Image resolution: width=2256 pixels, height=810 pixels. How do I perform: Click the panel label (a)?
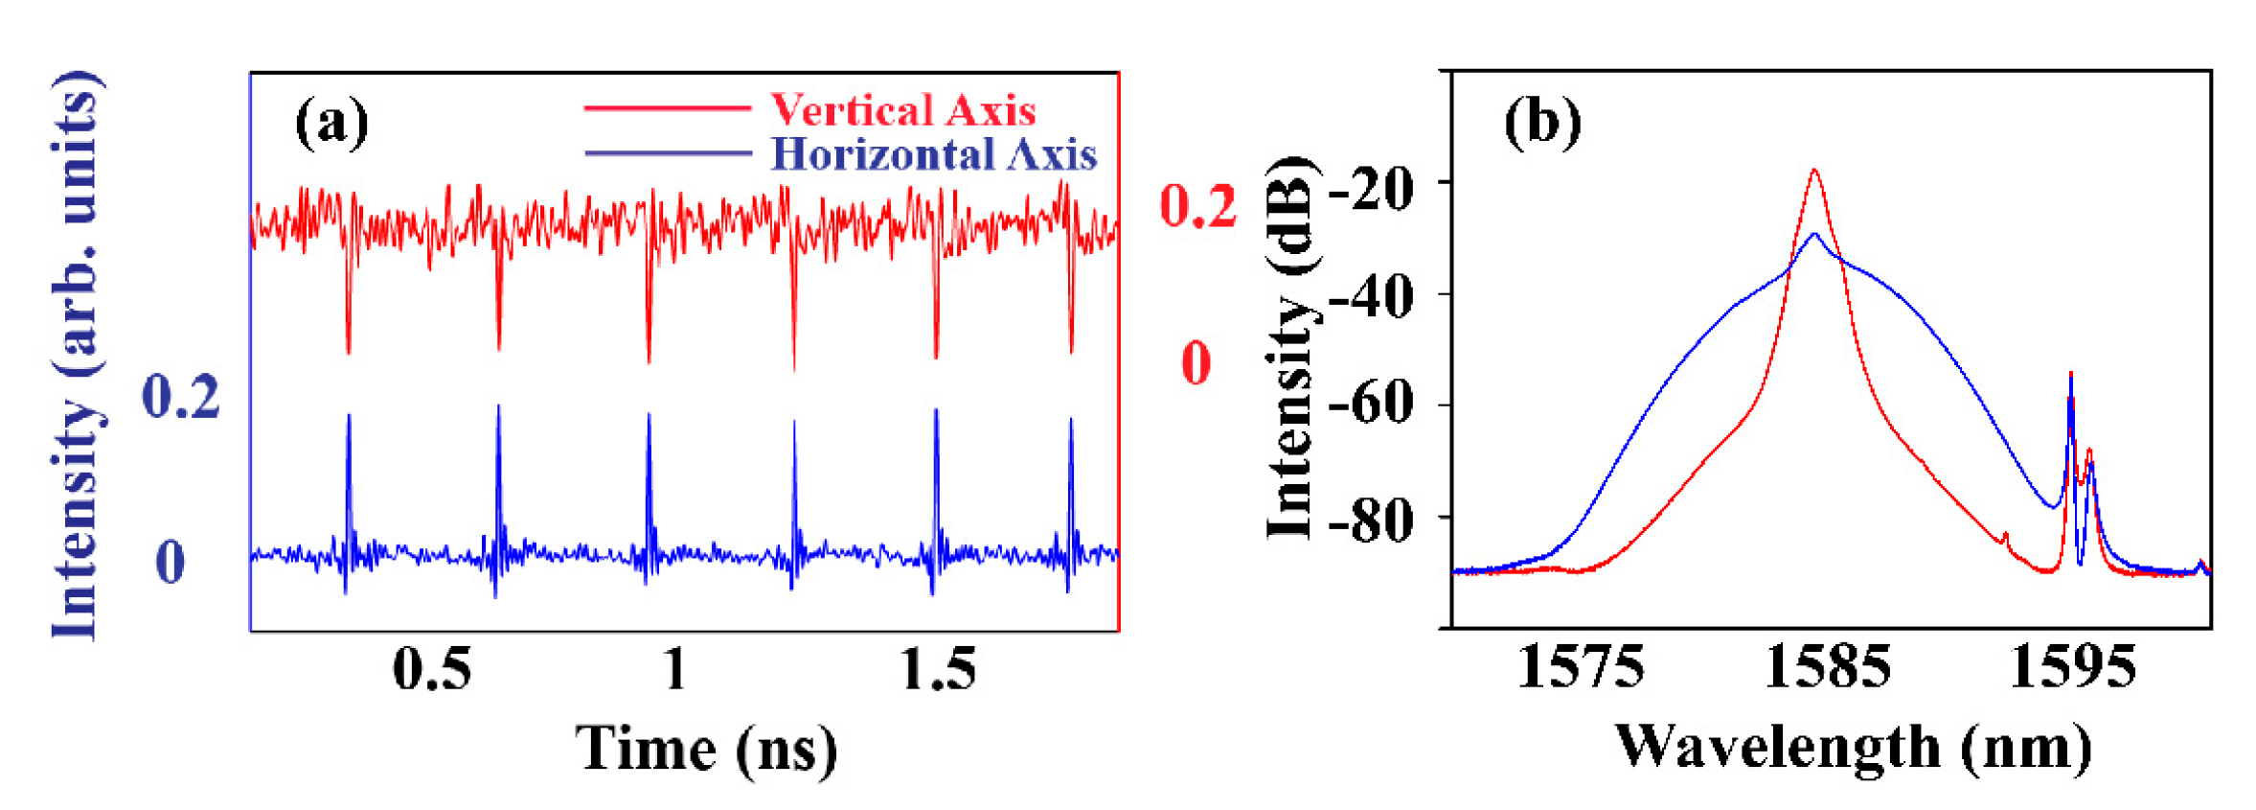(x=330, y=123)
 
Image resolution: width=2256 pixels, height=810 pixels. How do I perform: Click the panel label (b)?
(x=1541, y=123)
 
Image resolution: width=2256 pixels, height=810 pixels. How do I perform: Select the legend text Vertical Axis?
(x=902, y=110)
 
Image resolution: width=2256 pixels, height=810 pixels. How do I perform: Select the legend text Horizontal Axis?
(x=933, y=154)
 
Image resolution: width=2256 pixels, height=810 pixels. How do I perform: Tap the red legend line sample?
(x=667, y=109)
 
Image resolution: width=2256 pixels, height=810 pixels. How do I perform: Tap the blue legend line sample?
(x=667, y=153)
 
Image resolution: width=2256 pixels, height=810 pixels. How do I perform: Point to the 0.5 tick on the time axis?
(x=432, y=668)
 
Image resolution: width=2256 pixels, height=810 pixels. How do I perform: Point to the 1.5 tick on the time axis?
(x=938, y=668)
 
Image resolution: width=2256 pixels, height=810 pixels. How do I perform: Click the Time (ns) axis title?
(x=706, y=749)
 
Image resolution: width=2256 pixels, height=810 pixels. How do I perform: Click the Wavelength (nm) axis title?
(x=1853, y=747)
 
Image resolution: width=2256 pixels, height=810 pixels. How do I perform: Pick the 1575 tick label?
(x=1580, y=666)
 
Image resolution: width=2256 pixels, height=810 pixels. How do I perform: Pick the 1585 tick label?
(x=1827, y=666)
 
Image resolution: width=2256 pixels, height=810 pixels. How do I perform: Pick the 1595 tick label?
(x=2073, y=666)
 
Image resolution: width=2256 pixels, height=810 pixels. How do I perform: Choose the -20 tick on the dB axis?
(x=1371, y=189)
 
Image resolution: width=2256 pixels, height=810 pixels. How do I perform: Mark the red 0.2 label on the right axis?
(x=1197, y=205)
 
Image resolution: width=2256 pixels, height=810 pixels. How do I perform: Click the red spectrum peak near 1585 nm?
(x=1813, y=173)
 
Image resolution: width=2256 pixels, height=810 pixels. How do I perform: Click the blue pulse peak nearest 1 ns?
(x=649, y=416)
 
